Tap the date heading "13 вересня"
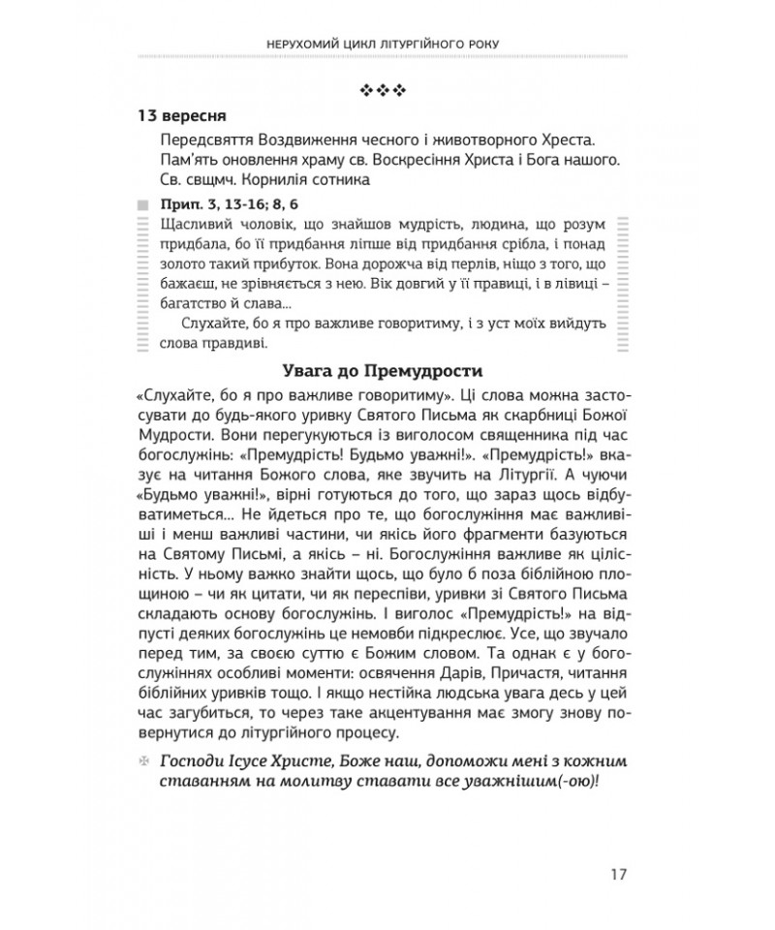tap(186, 115)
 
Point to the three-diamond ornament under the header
tap(387, 90)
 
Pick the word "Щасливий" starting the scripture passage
tap(190, 225)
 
